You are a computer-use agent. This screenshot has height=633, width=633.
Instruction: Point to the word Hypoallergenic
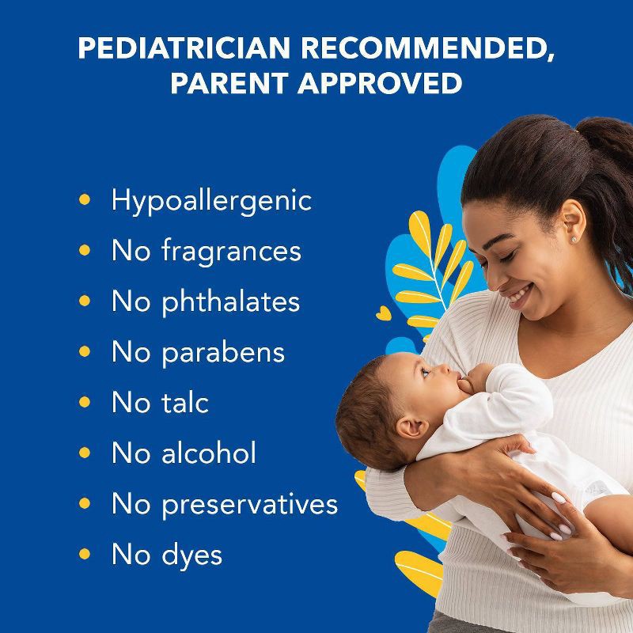click(x=211, y=200)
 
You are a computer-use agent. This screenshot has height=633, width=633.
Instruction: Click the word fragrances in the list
click(x=230, y=251)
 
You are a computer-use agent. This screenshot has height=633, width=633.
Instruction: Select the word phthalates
click(x=230, y=301)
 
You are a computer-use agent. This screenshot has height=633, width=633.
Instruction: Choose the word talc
click(x=184, y=403)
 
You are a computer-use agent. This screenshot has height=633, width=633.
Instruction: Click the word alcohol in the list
click(x=208, y=453)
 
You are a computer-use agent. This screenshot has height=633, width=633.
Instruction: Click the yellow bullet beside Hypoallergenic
click(x=85, y=199)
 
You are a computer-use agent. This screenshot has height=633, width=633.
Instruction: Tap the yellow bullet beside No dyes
click(x=85, y=553)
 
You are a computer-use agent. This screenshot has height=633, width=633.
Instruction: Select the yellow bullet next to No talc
click(x=85, y=401)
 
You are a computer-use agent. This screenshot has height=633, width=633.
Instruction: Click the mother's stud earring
click(x=574, y=238)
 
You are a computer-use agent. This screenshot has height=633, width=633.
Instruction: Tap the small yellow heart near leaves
click(x=383, y=314)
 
